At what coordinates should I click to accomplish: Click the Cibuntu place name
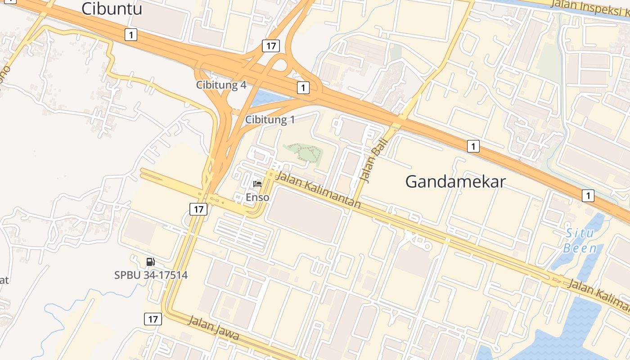(112, 9)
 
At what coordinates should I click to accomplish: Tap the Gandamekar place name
(455, 182)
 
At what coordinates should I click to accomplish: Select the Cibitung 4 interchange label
(221, 85)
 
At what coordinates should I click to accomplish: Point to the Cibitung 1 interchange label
(270, 120)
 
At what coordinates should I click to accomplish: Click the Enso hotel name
(257, 197)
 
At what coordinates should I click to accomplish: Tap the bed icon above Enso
(257, 184)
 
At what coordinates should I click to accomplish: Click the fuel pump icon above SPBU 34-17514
(151, 262)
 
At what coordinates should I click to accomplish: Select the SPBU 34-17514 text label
(151, 275)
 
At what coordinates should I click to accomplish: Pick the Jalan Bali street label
(371, 159)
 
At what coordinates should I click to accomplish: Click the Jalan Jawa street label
(213, 328)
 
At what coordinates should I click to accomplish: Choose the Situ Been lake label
(580, 241)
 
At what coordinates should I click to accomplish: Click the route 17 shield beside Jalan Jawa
(153, 319)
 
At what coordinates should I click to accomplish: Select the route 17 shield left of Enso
(198, 209)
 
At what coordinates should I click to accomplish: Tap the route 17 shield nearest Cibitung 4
(271, 45)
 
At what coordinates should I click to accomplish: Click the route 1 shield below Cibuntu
(130, 34)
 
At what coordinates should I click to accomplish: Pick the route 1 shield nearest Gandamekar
(473, 146)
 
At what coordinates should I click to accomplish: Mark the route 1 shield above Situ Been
(588, 195)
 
